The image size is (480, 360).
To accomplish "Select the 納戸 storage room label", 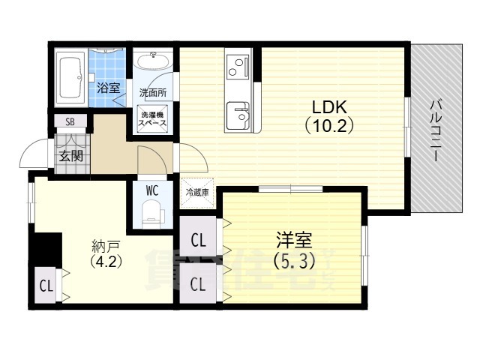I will (x=105, y=245).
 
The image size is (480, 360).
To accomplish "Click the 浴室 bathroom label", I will (x=109, y=88).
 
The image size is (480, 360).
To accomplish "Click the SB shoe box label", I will (x=70, y=121).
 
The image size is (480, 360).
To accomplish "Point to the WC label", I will (x=153, y=189).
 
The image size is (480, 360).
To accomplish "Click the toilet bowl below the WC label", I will (x=152, y=211).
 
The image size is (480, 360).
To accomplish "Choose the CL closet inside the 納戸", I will (x=46, y=286).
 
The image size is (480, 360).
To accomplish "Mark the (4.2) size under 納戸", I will (x=105, y=262).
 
